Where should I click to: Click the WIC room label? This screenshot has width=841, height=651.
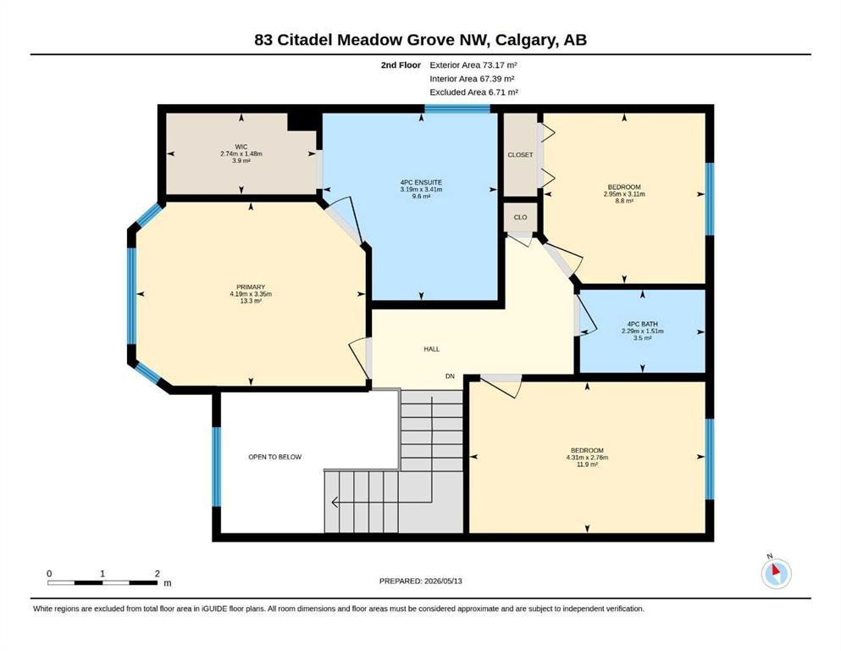click(x=241, y=147)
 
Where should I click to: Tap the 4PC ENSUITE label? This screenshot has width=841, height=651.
click(x=421, y=182)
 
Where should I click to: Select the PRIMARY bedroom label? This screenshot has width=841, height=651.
click(x=251, y=287)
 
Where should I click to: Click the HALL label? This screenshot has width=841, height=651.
click(x=432, y=349)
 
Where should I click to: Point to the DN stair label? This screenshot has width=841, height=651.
click(x=450, y=376)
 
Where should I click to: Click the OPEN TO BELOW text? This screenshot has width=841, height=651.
click(x=274, y=457)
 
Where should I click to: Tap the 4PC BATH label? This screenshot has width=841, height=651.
click(x=643, y=324)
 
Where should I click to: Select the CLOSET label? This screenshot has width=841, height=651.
click(x=520, y=154)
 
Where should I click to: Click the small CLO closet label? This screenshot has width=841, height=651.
click(x=520, y=217)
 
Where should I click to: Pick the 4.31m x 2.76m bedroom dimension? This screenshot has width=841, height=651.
click(x=587, y=457)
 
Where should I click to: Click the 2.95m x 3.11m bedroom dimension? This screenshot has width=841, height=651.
click(x=624, y=194)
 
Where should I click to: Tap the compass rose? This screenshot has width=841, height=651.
click(x=776, y=573)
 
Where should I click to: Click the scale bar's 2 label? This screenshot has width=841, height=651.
click(x=158, y=573)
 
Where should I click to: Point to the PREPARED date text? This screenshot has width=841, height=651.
click(x=420, y=581)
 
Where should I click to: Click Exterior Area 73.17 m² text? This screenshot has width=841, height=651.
click(x=473, y=65)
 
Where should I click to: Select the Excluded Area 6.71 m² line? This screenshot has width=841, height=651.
click(x=473, y=92)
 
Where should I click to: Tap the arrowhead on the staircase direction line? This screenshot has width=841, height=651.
click(x=335, y=503)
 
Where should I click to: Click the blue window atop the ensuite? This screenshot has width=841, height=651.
click(x=457, y=108)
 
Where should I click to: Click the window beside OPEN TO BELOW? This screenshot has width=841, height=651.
click(x=216, y=466)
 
